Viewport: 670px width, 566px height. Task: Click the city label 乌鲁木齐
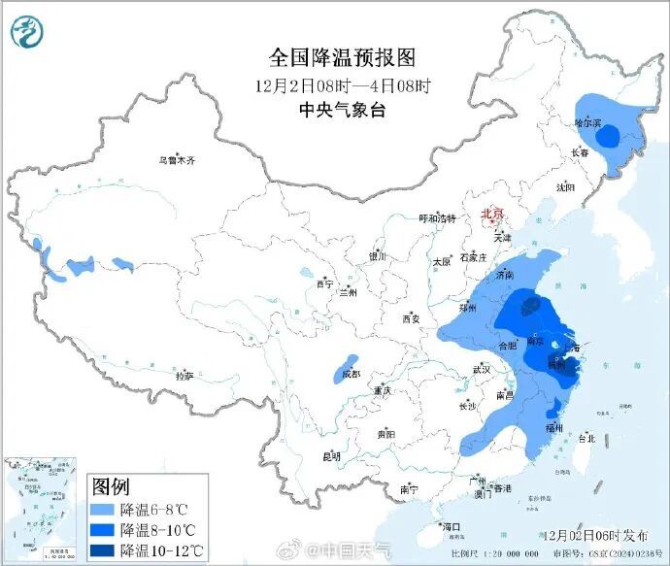(177, 161)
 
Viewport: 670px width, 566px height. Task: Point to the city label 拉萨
(184, 375)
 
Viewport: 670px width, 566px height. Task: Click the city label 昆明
(332, 455)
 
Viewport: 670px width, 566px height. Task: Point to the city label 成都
(350, 374)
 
